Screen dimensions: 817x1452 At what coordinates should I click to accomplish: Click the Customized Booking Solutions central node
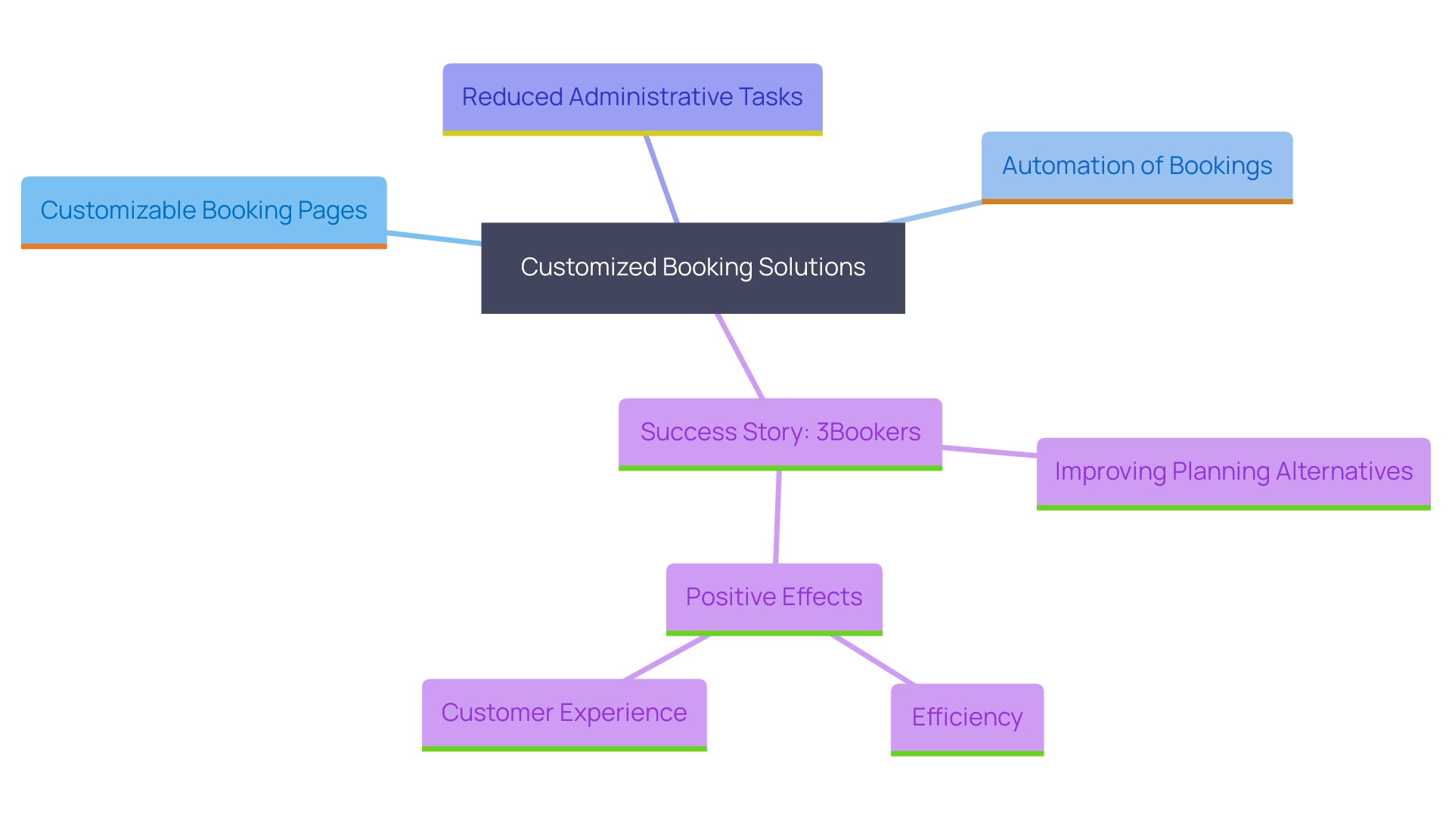(693, 268)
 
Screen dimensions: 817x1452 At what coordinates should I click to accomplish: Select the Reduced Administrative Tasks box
(632, 98)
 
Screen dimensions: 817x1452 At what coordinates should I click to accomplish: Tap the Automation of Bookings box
(1137, 166)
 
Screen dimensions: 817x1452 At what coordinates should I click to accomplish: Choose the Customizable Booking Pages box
(203, 211)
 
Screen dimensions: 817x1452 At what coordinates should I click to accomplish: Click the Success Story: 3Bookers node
(780, 433)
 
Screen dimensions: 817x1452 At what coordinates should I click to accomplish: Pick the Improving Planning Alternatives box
(1233, 472)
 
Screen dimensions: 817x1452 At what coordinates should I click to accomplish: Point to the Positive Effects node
(774, 598)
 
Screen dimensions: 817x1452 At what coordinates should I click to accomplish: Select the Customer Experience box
(564, 713)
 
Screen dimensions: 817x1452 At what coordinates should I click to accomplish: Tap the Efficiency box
(966, 718)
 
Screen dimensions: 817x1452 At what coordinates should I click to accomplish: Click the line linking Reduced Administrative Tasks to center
(662, 179)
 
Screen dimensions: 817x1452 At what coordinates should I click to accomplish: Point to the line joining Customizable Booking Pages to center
(434, 238)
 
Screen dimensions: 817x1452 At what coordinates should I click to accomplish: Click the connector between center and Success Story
(740, 356)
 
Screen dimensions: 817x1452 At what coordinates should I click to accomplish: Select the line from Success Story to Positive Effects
(777, 517)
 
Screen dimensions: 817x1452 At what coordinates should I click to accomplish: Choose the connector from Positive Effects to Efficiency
(873, 660)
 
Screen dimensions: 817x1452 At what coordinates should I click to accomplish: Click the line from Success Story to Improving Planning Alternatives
(989, 452)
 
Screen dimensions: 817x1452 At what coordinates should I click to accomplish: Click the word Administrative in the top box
(651, 97)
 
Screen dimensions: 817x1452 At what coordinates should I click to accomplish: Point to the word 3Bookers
(868, 432)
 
